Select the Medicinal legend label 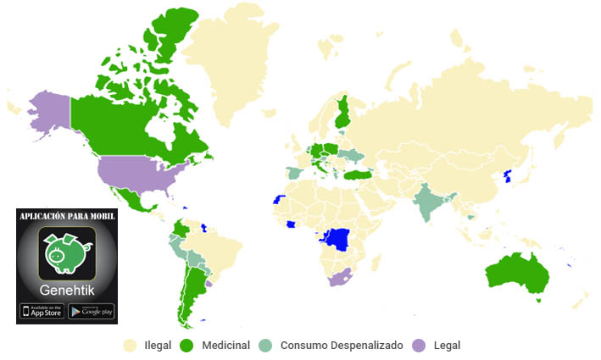pyautogui.click(x=226, y=346)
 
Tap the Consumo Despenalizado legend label pyautogui.click(x=337, y=346)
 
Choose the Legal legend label pyautogui.click(x=446, y=346)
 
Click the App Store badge pyautogui.click(x=41, y=311)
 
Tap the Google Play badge pyautogui.click(x=91, y=311)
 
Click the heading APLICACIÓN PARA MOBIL pyautogui.click(x=66, y=217)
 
